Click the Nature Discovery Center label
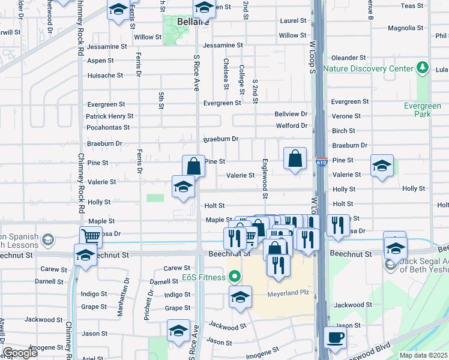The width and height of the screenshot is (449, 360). pos(369,68)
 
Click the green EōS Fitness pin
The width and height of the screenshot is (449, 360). pos(235,277)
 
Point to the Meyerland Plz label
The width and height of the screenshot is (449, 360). pos(282,295)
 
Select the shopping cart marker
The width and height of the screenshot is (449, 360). pos(91,236)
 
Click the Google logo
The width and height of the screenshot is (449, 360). pos(20,352)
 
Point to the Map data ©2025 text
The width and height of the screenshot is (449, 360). pos(424,355)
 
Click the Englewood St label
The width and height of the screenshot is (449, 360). pos(265,179)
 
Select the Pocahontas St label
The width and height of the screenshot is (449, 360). pos(109,127)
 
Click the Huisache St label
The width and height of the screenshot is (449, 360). pos(105,76)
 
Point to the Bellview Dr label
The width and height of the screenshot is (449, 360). pos(291,113)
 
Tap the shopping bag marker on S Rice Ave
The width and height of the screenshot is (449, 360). pos(194,166)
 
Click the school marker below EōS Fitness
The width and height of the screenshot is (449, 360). pos(240,298)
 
